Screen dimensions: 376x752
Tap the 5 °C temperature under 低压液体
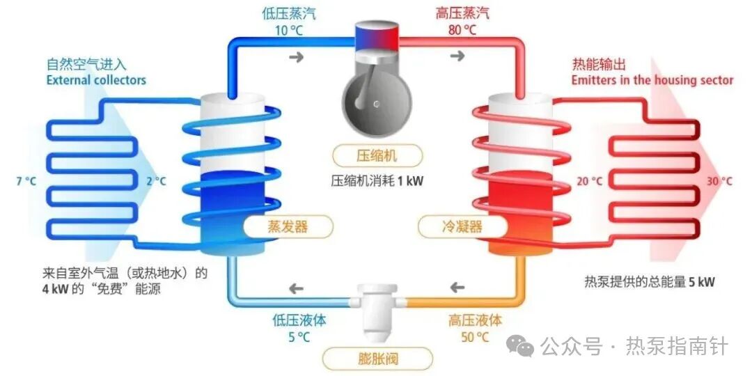(x=299, y=338)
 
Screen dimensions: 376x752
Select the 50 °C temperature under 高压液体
(x=474, y=338)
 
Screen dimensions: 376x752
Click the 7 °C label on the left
(x=26, y=181)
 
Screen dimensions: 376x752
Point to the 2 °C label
(x=156, y=181)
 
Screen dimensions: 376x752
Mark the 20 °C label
(x=589, y=181)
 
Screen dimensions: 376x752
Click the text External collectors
(x=96, y=80)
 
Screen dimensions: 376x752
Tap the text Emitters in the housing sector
(x=652, y=80)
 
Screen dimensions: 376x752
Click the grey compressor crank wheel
(x=375, y=104)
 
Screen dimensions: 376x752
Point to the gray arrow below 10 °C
(x=297, y=56)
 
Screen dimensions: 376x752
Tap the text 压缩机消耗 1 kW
(x=377, y=181)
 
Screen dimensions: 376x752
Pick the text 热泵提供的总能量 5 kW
(x=649, y=282)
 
